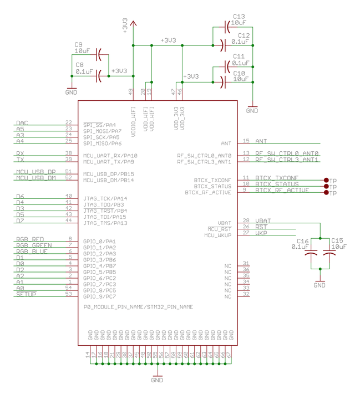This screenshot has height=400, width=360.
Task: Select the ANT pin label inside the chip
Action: point(226,143)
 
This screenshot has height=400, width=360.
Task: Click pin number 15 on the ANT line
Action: point(246,141)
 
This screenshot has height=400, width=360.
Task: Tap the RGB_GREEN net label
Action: point(34,245)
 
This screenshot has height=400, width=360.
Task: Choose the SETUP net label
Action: point(26,294)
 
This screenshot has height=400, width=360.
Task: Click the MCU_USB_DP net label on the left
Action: point(36,172)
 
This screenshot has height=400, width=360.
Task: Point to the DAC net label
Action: point(22,123)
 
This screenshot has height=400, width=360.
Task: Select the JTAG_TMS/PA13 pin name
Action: point(105,223)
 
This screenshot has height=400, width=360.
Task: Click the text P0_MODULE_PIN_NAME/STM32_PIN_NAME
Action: point(138,306)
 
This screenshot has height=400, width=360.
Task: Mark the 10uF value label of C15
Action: point(339,247)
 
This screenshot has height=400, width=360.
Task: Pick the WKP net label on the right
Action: point(261,233)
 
